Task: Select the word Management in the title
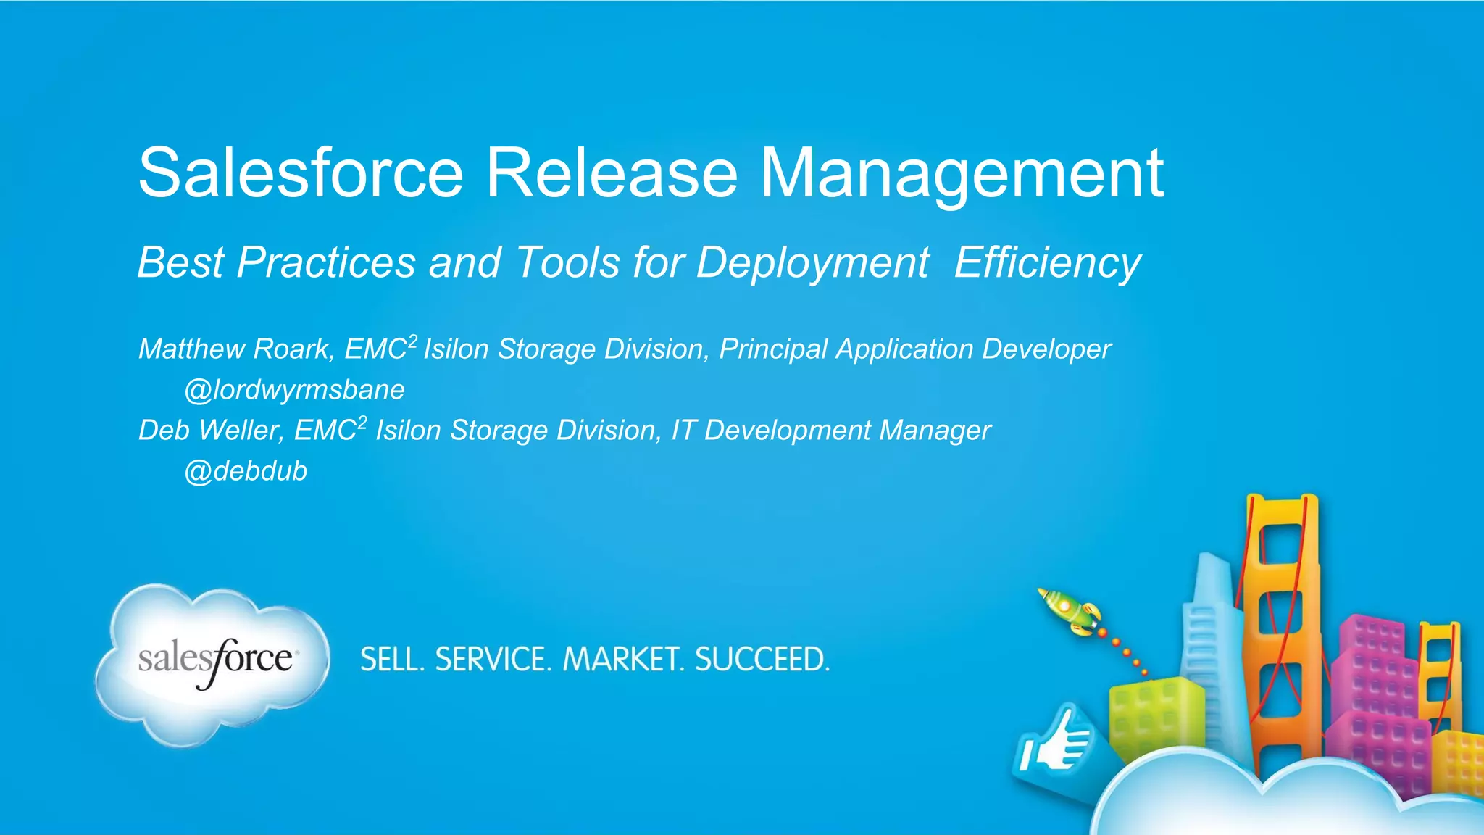[962, 174]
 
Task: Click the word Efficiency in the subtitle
[1047, 262]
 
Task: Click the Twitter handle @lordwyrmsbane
[294, 390]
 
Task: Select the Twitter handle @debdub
[246, 471]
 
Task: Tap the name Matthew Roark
[236, 349]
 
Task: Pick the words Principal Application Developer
[914, 349]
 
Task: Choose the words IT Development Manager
[830, 431]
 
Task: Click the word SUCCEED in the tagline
[762, 660]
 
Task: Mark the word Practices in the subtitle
[326, 262]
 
